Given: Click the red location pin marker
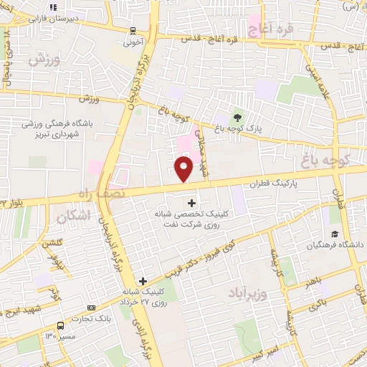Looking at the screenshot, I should click(x=183, y=168).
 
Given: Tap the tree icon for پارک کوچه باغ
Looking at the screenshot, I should click(x=237, y=117).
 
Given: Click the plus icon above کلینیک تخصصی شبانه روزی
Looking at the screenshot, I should click(x=191, y=203).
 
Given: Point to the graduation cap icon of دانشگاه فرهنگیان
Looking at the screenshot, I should click(x=335, y=234).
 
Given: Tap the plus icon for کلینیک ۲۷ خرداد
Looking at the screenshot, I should click(x=143, y=281).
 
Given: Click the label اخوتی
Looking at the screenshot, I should click(x=134, y=42).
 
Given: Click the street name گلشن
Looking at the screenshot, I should click(x=49, y=244).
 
